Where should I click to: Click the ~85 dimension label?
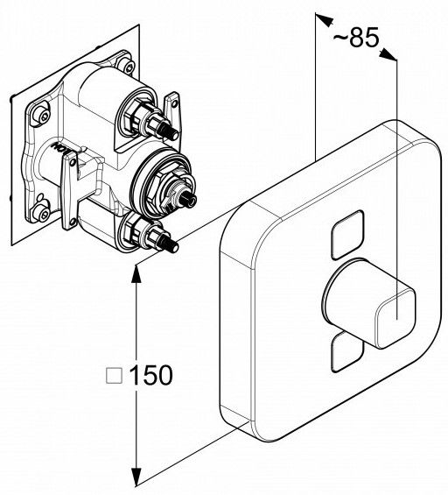(355, 38)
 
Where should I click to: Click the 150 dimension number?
(151, 375)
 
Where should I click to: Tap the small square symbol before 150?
(114, 375)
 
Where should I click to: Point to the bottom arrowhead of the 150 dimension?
(136, 477)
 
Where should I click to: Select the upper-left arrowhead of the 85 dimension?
(325, 19)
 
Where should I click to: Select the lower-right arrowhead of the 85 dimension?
(388, 54)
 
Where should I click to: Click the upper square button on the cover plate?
(347, 234)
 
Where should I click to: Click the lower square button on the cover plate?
(346, 351)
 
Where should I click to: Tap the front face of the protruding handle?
(395, 318)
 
